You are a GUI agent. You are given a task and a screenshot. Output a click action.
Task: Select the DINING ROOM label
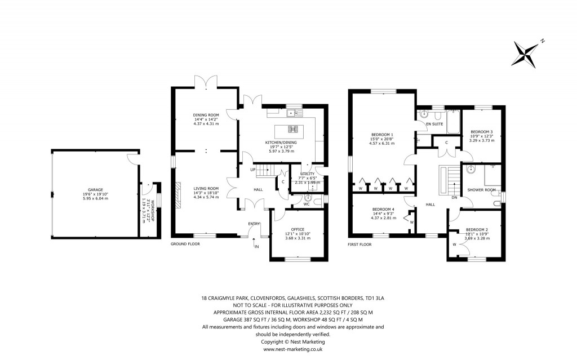205,115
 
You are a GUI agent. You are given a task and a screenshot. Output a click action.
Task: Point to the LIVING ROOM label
205,189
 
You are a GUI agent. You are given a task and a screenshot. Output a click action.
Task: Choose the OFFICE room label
298,229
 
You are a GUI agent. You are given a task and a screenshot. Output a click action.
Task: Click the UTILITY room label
307,174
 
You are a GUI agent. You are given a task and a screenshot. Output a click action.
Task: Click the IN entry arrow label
256,247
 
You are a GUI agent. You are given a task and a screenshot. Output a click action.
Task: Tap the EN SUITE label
434,123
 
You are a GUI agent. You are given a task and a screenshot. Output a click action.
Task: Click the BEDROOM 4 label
383,210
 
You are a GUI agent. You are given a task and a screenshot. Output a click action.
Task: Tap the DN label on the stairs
454,197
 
